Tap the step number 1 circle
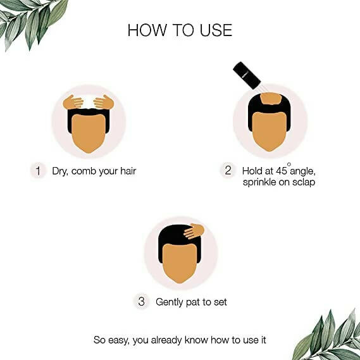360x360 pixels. click(x=38, y=171)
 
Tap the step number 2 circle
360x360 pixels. click(x=228, y=171)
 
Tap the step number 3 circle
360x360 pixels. click(x=141, y=302)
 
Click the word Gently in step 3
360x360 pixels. click(x=170, y=302)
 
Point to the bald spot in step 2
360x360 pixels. click(x=271, y=99)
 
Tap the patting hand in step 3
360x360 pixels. click(x=194, y=232)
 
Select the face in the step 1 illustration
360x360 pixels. click(x=89, y=133)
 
